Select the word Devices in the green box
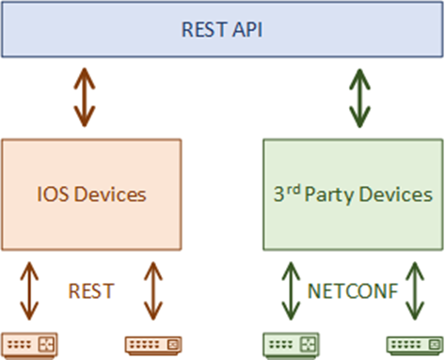click(399, 195)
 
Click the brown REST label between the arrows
click(90, 292)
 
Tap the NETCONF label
click(353, 292)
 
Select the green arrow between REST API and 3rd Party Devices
click(360, 98)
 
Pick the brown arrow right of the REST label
click(151, 291)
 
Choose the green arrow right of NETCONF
click(413, 291)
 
